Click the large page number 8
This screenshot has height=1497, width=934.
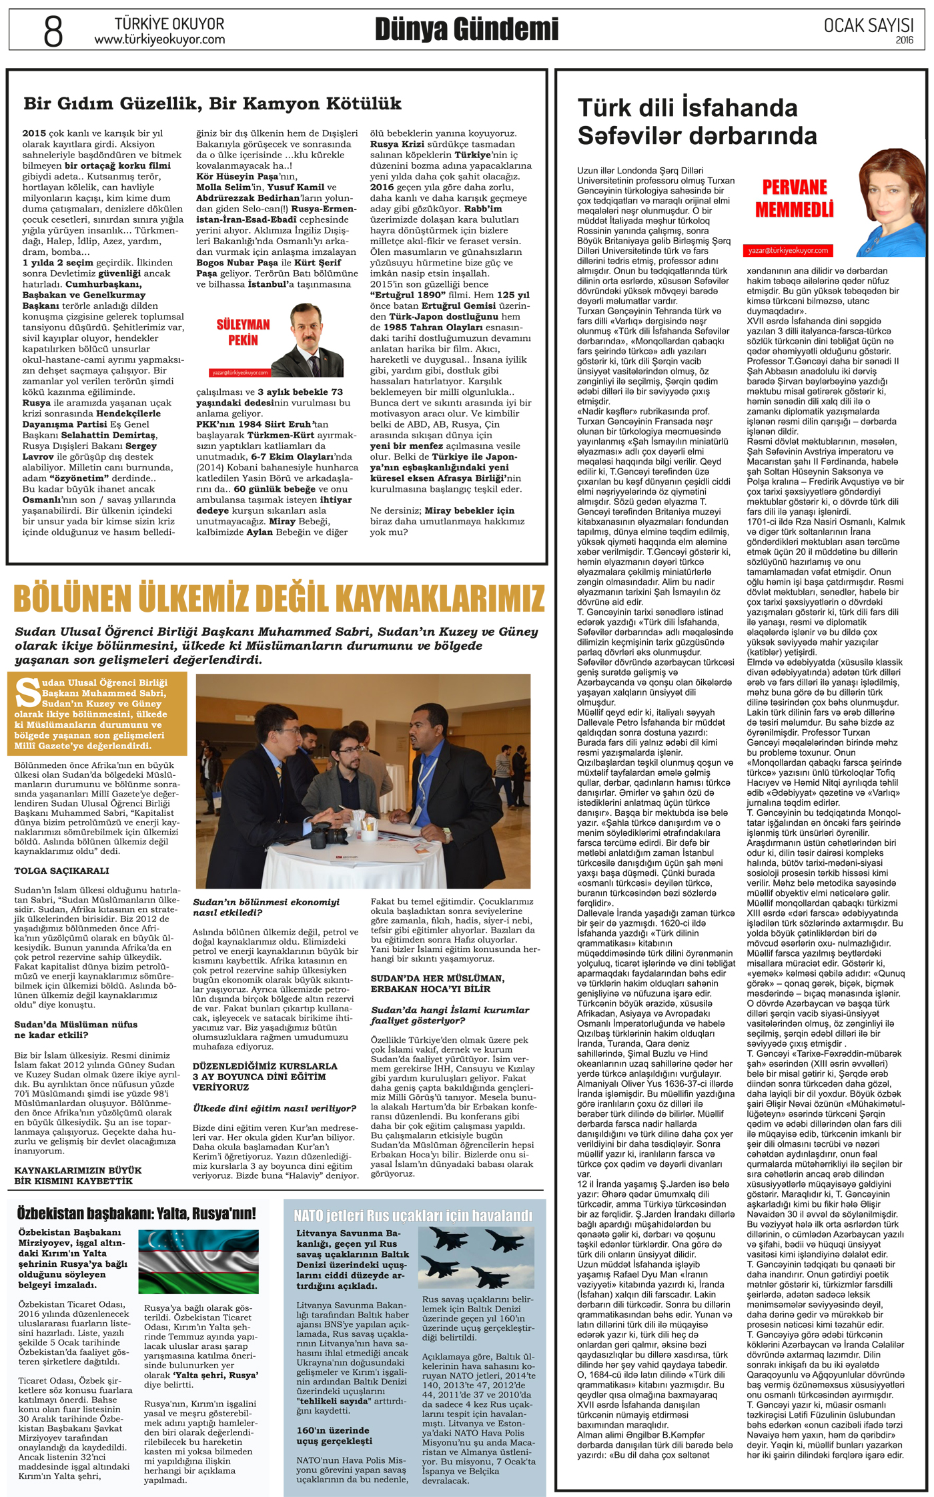[x=53, y=31]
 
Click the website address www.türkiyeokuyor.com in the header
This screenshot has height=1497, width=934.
[x=159, y=40]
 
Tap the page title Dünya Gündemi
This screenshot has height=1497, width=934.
[x=466, y=30]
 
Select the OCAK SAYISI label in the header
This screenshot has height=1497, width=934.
[x=868, y=25]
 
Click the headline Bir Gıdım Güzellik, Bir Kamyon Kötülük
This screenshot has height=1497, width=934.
[x=212, y=103]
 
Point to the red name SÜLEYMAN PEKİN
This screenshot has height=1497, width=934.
[x=243, y=332]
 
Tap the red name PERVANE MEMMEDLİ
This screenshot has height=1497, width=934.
[x=794, y=199]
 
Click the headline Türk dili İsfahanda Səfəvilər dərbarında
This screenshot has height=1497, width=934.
[x=697, y=121]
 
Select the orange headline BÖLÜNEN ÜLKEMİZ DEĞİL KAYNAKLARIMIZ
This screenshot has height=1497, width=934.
[x=279, y=598]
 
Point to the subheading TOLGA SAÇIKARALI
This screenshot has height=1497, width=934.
[x=61, y=871]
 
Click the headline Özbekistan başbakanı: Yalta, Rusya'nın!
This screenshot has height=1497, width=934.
[x=137, y=1213]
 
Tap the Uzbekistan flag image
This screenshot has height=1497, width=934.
[x=198, y=1262]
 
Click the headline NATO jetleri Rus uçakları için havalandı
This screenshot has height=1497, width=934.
[x=414, y=1215]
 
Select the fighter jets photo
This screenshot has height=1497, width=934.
[x=476, y=1258]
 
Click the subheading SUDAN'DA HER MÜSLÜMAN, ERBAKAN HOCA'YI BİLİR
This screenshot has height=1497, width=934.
[x=438, y=983]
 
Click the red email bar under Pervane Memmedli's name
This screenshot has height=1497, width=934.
[x=788, y=250]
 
